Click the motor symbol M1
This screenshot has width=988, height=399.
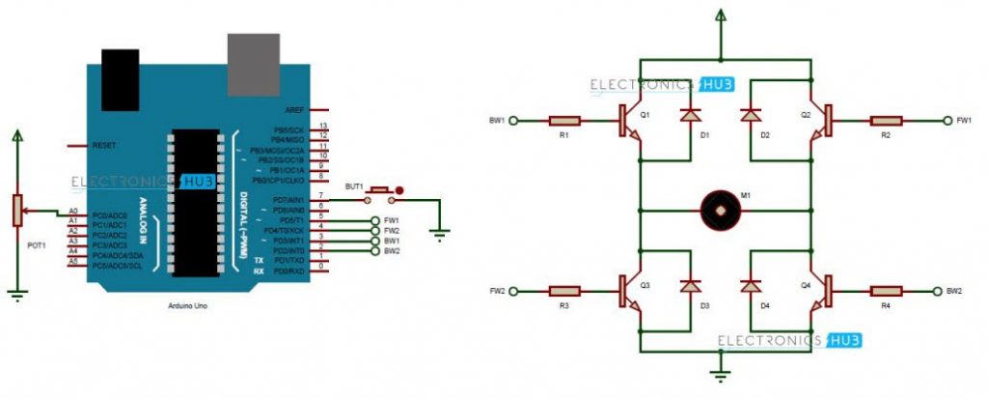click(719, 206)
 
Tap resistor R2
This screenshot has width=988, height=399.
click(885, 121)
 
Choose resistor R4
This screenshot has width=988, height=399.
click(885, 290)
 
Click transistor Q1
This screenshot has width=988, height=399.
click(629, 122)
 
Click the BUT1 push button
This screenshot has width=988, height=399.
click(381, 192)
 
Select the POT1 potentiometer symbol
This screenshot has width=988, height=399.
click(16, 211)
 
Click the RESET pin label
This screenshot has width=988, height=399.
click(103, 146)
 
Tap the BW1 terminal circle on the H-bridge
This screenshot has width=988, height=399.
click(514, 121)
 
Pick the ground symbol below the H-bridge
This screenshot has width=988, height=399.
click(719, 371)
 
